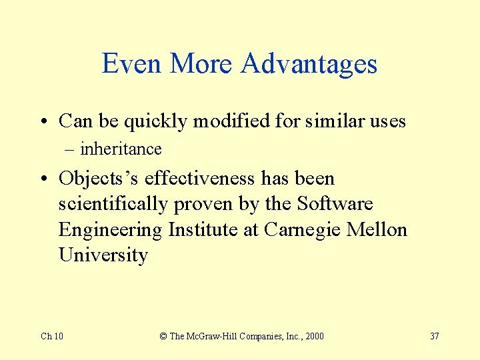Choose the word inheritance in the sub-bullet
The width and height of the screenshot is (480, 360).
(x=121, y=149)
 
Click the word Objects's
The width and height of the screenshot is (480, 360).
(x=99, y=179)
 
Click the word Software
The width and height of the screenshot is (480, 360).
(x=335, y=204)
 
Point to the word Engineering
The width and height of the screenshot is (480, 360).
(x=111, y=230)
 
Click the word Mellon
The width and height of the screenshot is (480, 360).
(x=377, y=230)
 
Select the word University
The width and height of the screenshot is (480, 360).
(x=103, y=255)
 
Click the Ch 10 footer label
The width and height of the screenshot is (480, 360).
(x=52, y=336)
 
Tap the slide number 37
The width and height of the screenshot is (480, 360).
(x=434, y=336)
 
